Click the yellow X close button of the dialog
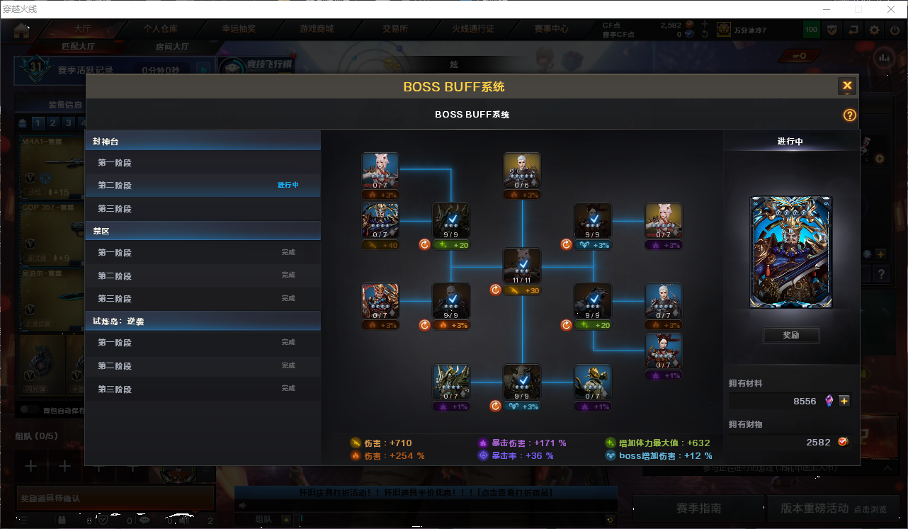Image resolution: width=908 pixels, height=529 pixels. click(847, 86)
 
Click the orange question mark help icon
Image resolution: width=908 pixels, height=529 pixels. click(850, 115)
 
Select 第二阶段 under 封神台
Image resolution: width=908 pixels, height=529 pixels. click(115, 186)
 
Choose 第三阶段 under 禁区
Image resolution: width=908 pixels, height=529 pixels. click(115, 299)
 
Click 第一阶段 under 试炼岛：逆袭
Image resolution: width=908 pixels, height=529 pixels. click(115, 343)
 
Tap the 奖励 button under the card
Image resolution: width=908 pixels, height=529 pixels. click(791, 335)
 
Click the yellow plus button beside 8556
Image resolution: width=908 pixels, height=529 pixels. click(844, 401)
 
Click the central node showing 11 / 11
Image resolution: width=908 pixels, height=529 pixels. click(522, 266)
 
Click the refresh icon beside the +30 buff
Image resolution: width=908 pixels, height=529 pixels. click(496, 290)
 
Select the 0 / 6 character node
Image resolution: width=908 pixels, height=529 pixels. click(522, 171)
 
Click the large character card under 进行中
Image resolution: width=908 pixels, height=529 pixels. click(791, 252)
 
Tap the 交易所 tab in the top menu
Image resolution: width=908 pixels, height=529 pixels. click(395, 29)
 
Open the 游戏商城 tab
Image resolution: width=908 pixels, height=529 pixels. click(317, 29)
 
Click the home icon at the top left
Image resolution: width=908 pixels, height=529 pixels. click(21, 30)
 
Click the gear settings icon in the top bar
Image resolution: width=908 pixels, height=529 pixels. click(875, 30)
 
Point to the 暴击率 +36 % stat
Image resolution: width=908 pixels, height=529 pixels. click(516, 456)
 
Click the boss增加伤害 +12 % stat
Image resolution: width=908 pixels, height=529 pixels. click(659, 456)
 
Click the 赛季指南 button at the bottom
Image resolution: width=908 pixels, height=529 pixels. click(698, 508)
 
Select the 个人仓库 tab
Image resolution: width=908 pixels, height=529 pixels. click(161, 29)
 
